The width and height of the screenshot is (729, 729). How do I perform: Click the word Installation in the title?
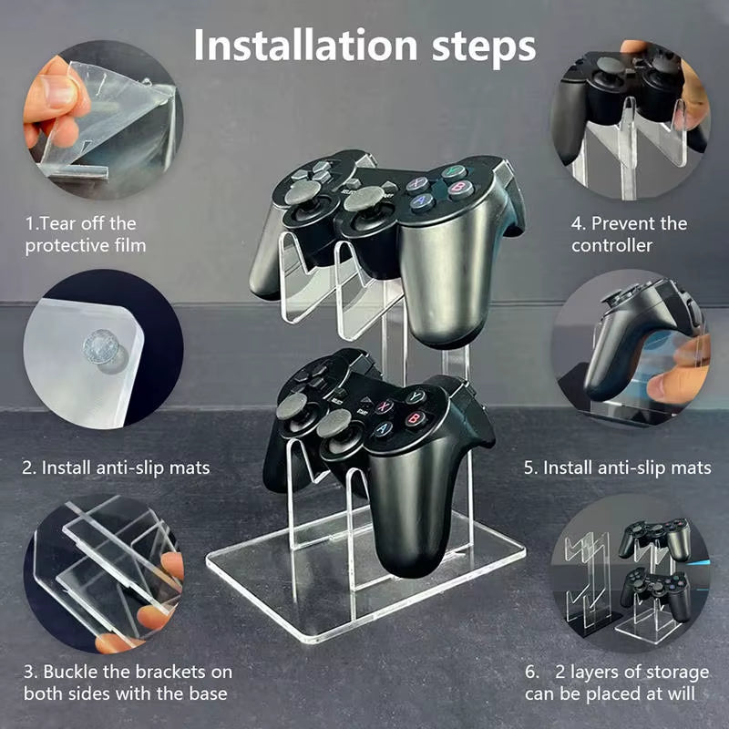click(305, 45)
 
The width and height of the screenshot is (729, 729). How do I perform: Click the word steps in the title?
click(484, 48)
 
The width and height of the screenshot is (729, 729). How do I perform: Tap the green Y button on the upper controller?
click(453, 171)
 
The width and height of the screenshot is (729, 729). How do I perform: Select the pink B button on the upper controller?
click(460, 189)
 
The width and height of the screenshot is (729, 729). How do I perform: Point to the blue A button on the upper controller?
click(423, 201)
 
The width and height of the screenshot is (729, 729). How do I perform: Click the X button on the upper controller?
click(417, 184)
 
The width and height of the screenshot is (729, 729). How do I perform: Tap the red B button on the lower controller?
click(416, 418)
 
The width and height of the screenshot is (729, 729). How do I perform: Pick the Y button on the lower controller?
click(416, 396)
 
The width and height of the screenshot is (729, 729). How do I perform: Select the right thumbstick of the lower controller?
click(334, 423)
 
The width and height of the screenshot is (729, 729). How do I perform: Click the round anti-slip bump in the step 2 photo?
click(101, 348)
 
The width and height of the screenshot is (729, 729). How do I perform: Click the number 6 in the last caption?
click(530, 673)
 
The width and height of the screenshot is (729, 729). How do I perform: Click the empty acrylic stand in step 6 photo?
click(587, 581)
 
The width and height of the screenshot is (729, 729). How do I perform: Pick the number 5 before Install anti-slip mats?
click(529, 467)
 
